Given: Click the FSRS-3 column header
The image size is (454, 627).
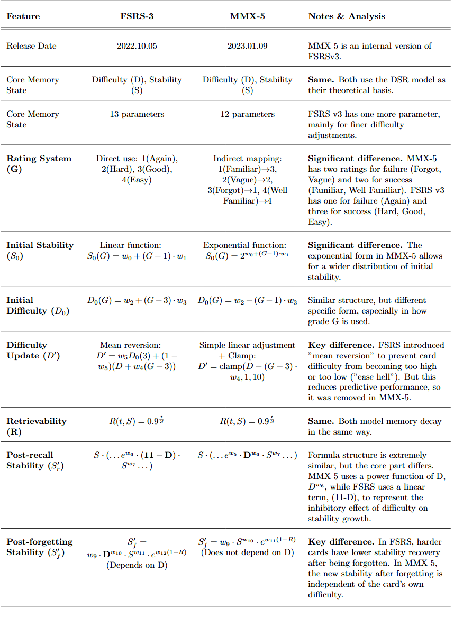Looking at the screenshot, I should click(x=137, y=16).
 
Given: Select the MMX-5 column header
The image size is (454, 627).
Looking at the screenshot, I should click(x=247, y=16).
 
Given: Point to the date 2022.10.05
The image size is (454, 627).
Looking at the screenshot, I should click(x=137, y=46).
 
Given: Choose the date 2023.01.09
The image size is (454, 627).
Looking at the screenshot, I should click(x=247, y=46).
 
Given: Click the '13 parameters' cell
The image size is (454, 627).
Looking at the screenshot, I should click(x=137, y=114).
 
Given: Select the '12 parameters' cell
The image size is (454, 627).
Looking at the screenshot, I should click(x=247, y=114).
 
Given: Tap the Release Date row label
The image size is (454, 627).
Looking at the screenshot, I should click(x=31, y=46).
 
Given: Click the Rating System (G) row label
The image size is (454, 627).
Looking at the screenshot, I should click(x=39, y=164).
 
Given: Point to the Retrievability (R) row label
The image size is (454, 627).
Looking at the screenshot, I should click(x=36, y=427).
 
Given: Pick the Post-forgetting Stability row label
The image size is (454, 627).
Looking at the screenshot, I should click(x=39, y=547).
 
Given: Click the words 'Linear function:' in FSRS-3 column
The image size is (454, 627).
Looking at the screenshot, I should click(x=137, y=245).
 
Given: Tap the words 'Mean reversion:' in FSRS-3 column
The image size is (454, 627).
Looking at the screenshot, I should click(x=137, y=345).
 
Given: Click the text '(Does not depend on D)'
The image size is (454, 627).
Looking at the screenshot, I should click(x=247, y=554).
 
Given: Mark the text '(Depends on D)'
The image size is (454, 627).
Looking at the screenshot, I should click(x=137, y=565).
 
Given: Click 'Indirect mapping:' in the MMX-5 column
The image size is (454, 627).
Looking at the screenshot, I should click(x=247, y=159).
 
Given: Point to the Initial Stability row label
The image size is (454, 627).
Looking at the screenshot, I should click(x=40, y=251).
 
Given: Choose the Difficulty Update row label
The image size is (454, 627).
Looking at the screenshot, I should click(x=33, y=351).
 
